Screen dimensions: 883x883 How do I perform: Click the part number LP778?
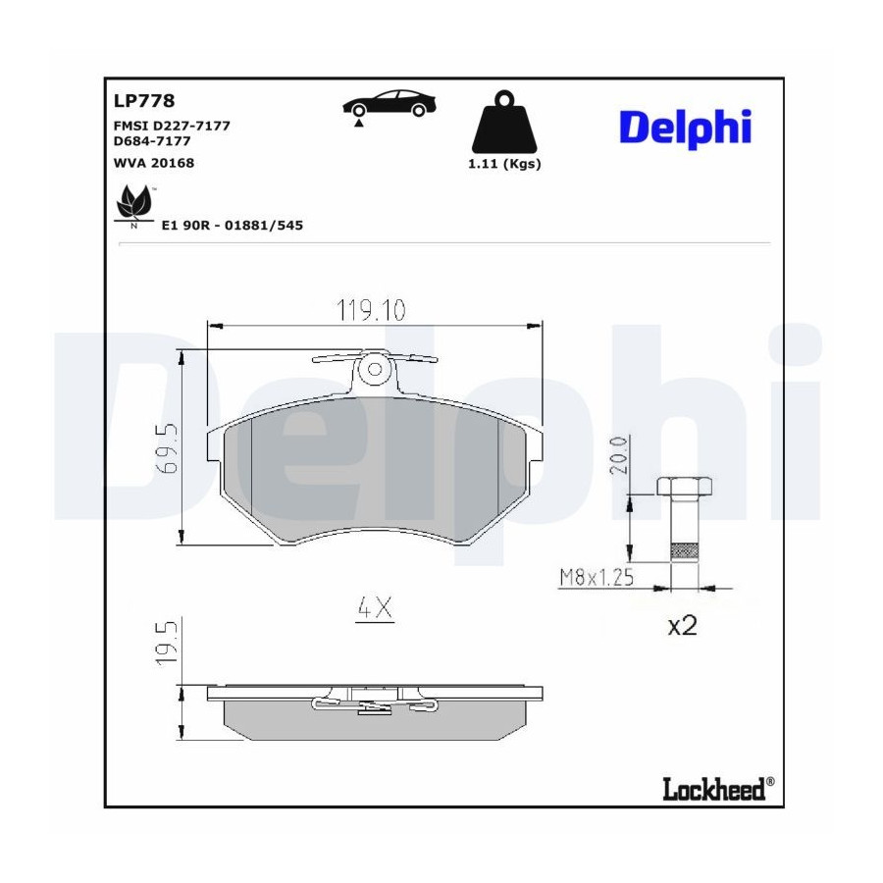(144, 101)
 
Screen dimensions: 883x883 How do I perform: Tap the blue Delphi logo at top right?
(686, 128)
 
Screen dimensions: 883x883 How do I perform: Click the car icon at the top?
(390, 104)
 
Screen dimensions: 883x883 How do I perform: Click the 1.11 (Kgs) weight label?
(504, 164)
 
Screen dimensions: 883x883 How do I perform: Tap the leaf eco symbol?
(133, 203)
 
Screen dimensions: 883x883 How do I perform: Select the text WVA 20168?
(154, 163)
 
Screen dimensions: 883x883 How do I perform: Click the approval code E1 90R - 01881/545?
(232, 226)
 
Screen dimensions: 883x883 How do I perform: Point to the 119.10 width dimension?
(371, 310)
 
